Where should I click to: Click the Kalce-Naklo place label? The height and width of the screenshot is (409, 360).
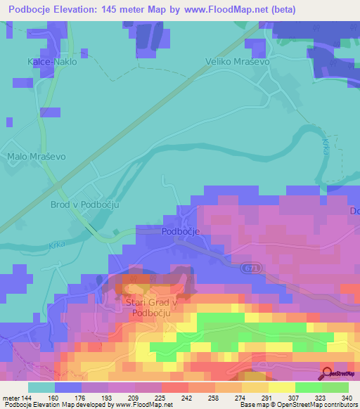tap(51, 62)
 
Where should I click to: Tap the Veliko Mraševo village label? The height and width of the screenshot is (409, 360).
tap(239, 61)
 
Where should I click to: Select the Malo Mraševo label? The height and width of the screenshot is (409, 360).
tap(36, 157)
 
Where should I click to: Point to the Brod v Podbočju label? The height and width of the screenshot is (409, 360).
tap(86, 204)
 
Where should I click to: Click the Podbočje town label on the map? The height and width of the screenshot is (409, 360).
tap(181, 231)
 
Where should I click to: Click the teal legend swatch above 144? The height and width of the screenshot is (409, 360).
tap(41, 387)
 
